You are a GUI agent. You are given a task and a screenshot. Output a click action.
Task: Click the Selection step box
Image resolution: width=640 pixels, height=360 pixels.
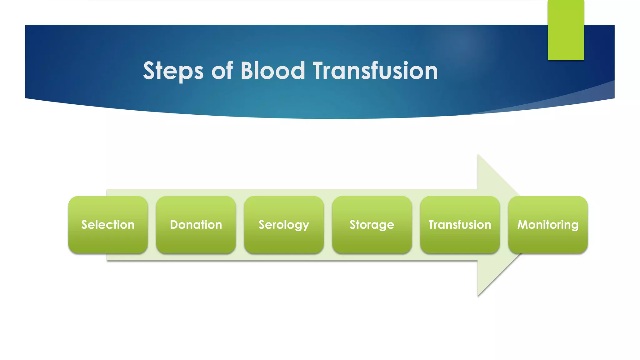pos(108,224)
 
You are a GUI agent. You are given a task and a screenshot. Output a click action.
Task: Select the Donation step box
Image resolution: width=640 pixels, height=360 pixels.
pos(196,224)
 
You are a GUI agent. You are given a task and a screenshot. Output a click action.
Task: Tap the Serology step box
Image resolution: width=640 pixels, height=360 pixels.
pos(284,224)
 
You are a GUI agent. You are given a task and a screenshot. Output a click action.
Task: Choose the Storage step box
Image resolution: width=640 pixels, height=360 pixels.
pos(372,224)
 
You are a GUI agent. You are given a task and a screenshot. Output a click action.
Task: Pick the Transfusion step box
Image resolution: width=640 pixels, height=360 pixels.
pos(460,224)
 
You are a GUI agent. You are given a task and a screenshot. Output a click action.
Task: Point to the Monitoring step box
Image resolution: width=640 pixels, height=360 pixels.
pos(548,224)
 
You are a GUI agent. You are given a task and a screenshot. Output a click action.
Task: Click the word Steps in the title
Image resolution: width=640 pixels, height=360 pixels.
pos(173,71)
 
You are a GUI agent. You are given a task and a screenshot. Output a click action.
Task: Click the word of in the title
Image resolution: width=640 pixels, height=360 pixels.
pos(222,71)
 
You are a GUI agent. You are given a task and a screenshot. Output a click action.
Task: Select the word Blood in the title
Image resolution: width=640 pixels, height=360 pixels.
pos(272,71)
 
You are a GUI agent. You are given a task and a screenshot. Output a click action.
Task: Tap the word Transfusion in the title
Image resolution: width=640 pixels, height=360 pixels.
pos(375,71)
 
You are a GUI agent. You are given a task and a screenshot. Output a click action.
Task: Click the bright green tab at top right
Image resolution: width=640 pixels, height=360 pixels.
pos(566,30)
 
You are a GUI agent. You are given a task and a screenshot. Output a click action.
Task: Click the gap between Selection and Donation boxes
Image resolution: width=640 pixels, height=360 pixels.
pos(152,224)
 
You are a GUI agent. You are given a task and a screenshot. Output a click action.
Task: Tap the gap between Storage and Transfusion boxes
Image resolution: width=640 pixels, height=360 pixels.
pos(416,224)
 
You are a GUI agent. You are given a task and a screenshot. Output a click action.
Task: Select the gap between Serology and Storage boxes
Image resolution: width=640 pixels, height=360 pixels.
pos(328,224)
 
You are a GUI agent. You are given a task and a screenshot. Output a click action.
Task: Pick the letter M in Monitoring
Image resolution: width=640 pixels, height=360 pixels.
pos(523,224)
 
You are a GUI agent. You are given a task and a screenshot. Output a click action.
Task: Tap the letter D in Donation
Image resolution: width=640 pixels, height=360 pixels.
pos(174,224)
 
